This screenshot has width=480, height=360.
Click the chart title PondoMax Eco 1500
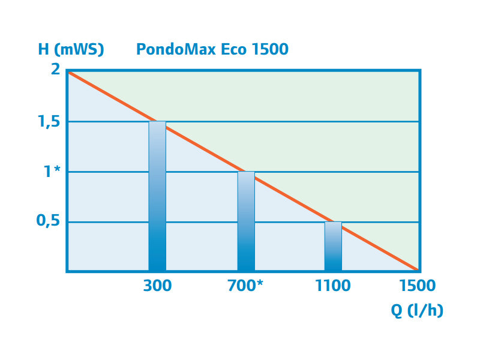(212, 49)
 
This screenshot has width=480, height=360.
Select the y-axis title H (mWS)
(71, 49)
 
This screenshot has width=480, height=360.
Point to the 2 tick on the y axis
(55, 70)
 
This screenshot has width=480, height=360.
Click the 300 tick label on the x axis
(157, 286)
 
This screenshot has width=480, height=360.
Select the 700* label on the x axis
(246, 286)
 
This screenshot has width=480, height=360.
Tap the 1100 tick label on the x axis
(333, 286)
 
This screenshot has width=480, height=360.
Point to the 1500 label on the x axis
(418, 286)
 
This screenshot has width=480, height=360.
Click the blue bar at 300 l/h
(157, 198)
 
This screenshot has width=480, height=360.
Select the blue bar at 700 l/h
(246, 222)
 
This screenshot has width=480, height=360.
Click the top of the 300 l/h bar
(157, 122)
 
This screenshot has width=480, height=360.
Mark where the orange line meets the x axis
(418, 271)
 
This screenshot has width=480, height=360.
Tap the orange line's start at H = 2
(68, 71)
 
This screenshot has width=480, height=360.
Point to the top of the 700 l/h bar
(246, 172)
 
